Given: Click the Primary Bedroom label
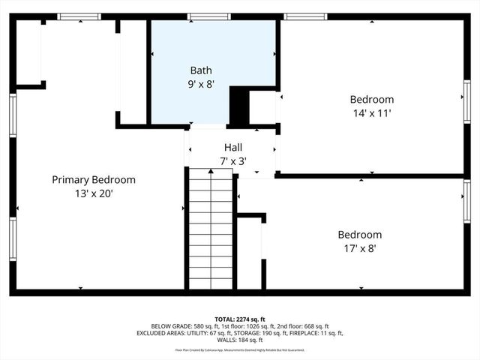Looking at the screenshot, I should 93,180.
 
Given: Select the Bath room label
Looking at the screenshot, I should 200,70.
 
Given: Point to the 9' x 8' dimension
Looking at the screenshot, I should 200,84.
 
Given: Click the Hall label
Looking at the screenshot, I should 233,147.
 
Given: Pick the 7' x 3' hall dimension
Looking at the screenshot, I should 233,160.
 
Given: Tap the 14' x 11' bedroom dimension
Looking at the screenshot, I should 371,113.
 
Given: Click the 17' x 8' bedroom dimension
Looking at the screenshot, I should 359,248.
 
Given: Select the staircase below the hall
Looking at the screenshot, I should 210,229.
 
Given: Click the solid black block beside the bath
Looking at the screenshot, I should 238,106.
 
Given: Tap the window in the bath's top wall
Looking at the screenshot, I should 208,16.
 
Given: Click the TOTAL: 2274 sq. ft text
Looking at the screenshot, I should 240,318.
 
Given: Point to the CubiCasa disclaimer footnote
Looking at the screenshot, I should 240,349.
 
